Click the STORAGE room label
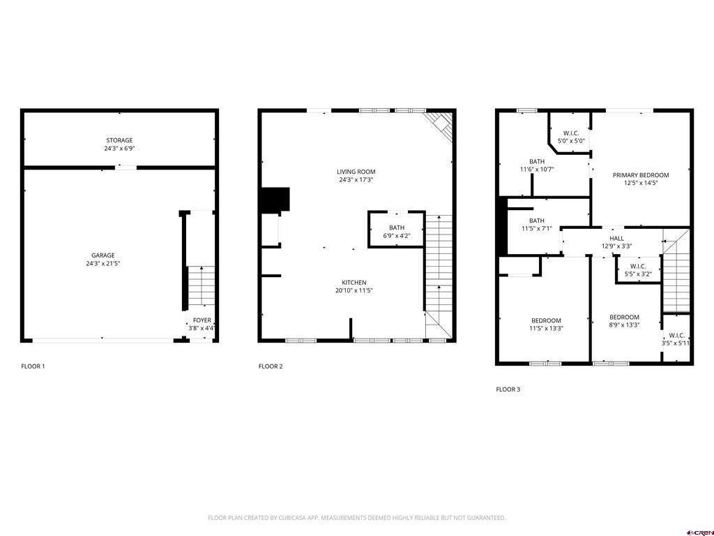click(119, 140)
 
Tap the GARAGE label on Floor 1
click(102, 255)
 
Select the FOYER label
click(202, 320)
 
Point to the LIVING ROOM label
click(356, 172)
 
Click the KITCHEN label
click(354, 283)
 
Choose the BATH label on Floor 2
click(396, 228)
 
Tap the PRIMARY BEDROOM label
click(640, 175)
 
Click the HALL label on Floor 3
click(616, 238)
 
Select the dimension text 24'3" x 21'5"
click(102, 264)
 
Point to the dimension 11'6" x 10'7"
click(537, 169)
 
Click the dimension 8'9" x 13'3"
click(624, 325)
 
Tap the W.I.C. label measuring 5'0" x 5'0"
click(570, 133)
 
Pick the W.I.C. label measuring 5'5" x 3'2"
click(637, 266)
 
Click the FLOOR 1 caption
click(33, 366)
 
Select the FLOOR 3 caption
click(508, 389)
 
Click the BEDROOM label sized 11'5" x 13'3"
click(546, 320)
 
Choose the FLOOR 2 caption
click(271, 366)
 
